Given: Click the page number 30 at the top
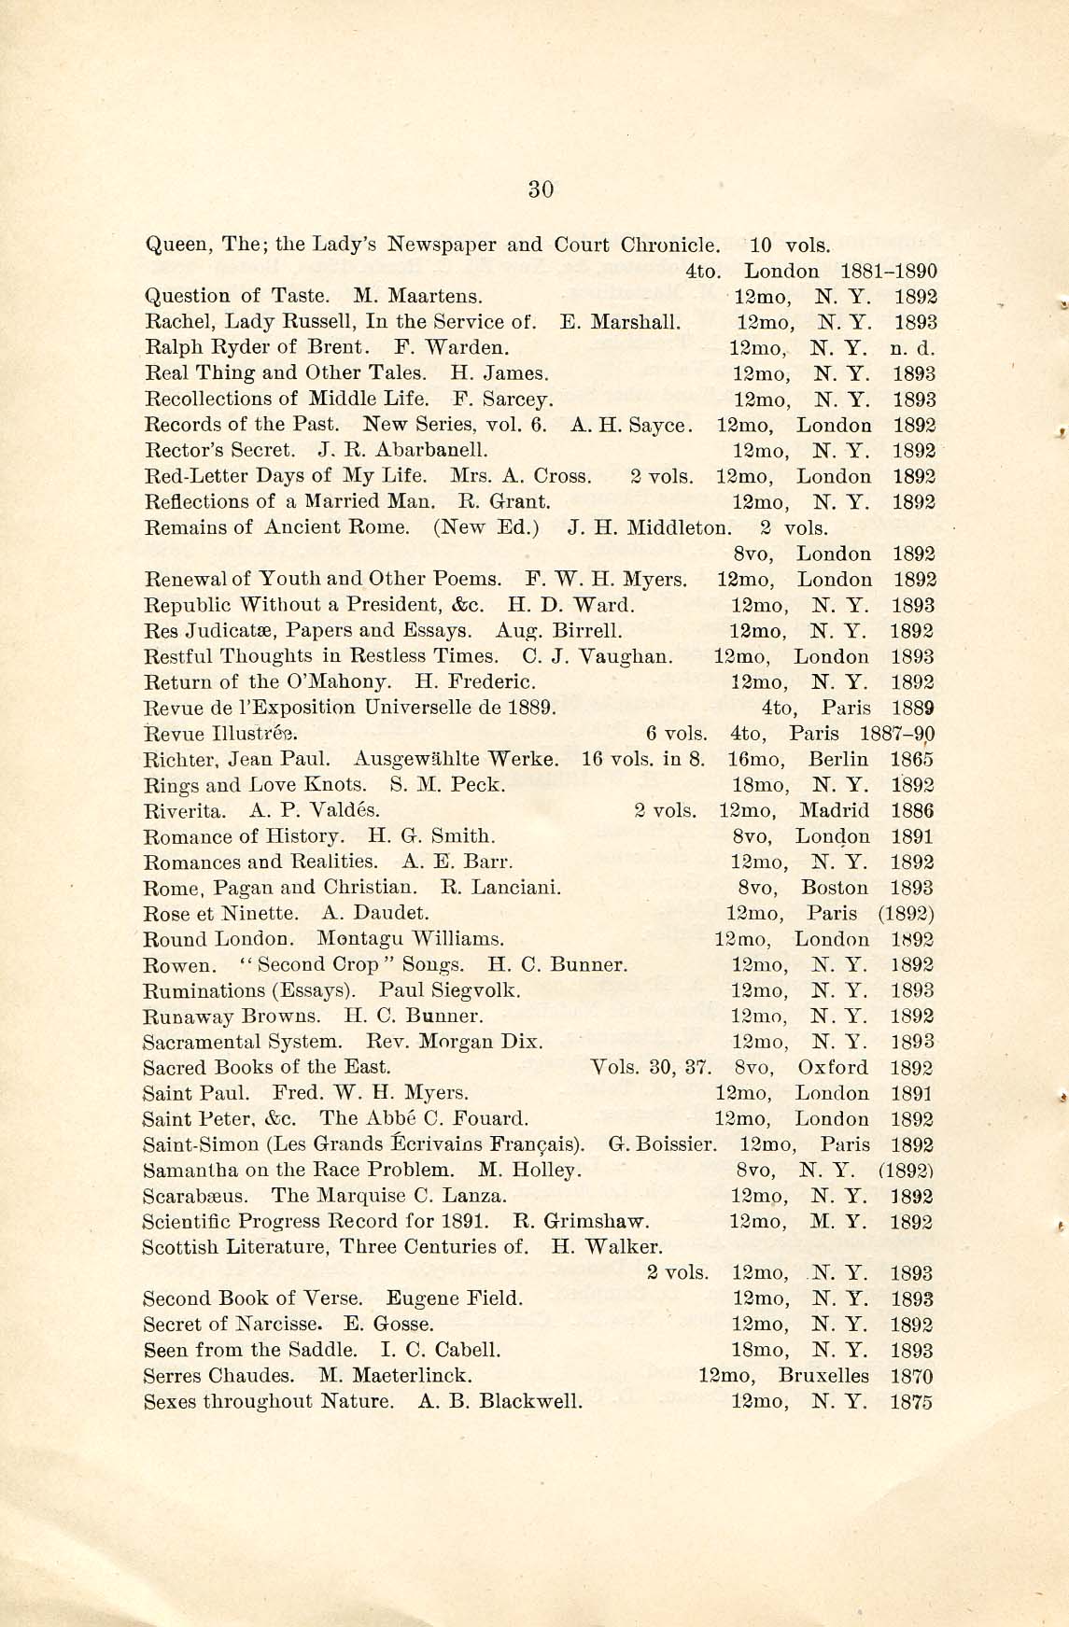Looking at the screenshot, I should tap(541, 189).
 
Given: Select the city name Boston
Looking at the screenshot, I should tap(836, 888).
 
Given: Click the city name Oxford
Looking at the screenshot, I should tap(833, 1068).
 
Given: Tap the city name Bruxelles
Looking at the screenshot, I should tap(823, 1376).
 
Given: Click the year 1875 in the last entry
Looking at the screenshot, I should tap(912, 1401).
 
